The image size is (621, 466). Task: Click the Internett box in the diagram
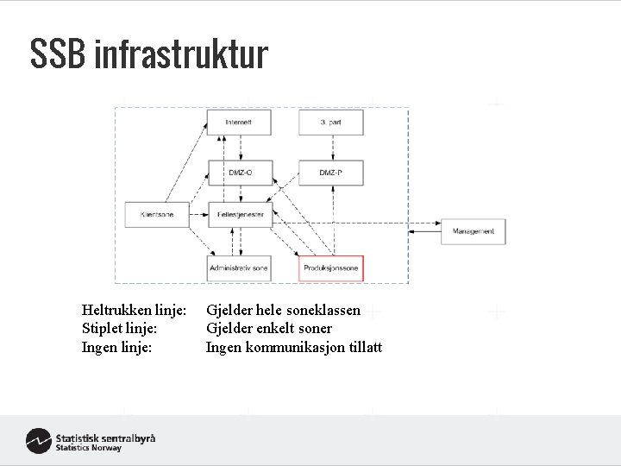pos(239,123)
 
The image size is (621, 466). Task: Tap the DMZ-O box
pos(239,173)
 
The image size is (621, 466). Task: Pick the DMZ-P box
pos(331,173)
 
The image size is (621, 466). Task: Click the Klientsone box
pos(151,214)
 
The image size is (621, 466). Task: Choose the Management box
pos(473,231)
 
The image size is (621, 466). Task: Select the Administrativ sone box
pos(239,268)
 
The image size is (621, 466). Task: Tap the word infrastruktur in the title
pos(182,54)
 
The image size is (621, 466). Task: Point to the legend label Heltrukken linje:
pos(134,310)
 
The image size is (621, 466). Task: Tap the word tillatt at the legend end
pos(365,347)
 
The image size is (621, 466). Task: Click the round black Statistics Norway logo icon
pos(38,441)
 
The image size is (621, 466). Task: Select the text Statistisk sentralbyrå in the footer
pos(105,438)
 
